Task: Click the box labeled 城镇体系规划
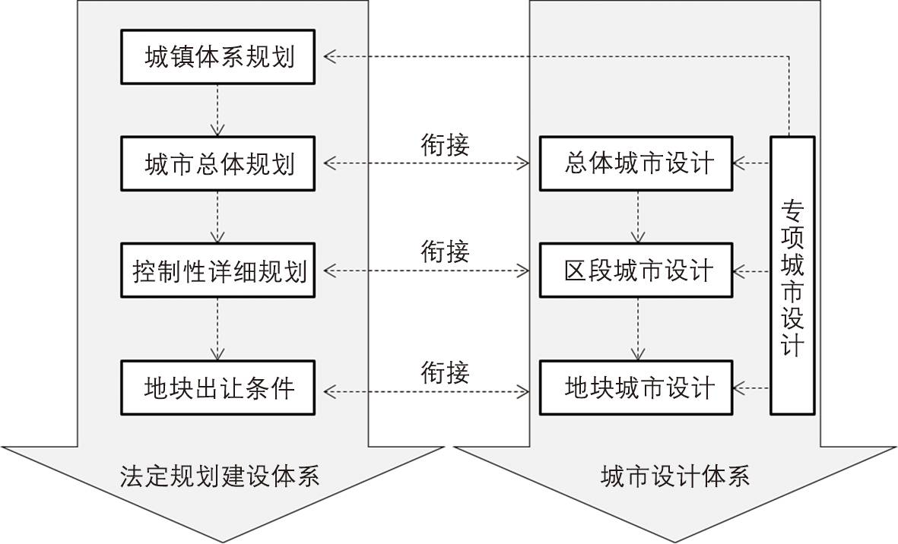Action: pyautogui.click(x=218, y=57)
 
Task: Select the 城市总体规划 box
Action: pyautogui.click(x=218, y=163)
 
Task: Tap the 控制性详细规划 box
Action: pyautogui.click(x=218, y=270)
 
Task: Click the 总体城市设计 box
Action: pyautogui.click(x=637, y=163)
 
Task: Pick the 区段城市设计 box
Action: pyautogui.click(x=637, y=270)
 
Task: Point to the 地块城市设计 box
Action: pyautogui.click(x=637, y=388)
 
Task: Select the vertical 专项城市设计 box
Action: pyautogui.click(x=792, y=275)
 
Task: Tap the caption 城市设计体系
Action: pyautogui.click(x=675, y=476)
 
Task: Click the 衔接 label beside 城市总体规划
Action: pyautogui.click(x=446, y=144)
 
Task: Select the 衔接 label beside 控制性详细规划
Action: pyautogui.click(x=446, y=251)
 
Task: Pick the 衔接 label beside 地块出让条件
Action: pyautogui.click(x=446, y=372)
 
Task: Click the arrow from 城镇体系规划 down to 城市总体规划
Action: pyautogui.click(x=218, y=110)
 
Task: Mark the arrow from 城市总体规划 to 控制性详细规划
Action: pyautogui.click(x=218, y=217)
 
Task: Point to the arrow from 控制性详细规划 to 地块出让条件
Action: pyautogui.click(x=218, y=329)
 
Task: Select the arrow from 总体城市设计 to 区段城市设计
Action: pyautogui.click(x=637, y=217)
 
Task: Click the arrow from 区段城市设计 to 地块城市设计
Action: pyautogui.click(x=637, y=329)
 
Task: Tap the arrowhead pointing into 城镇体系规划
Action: pyautogui.click(x=328, y=56)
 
